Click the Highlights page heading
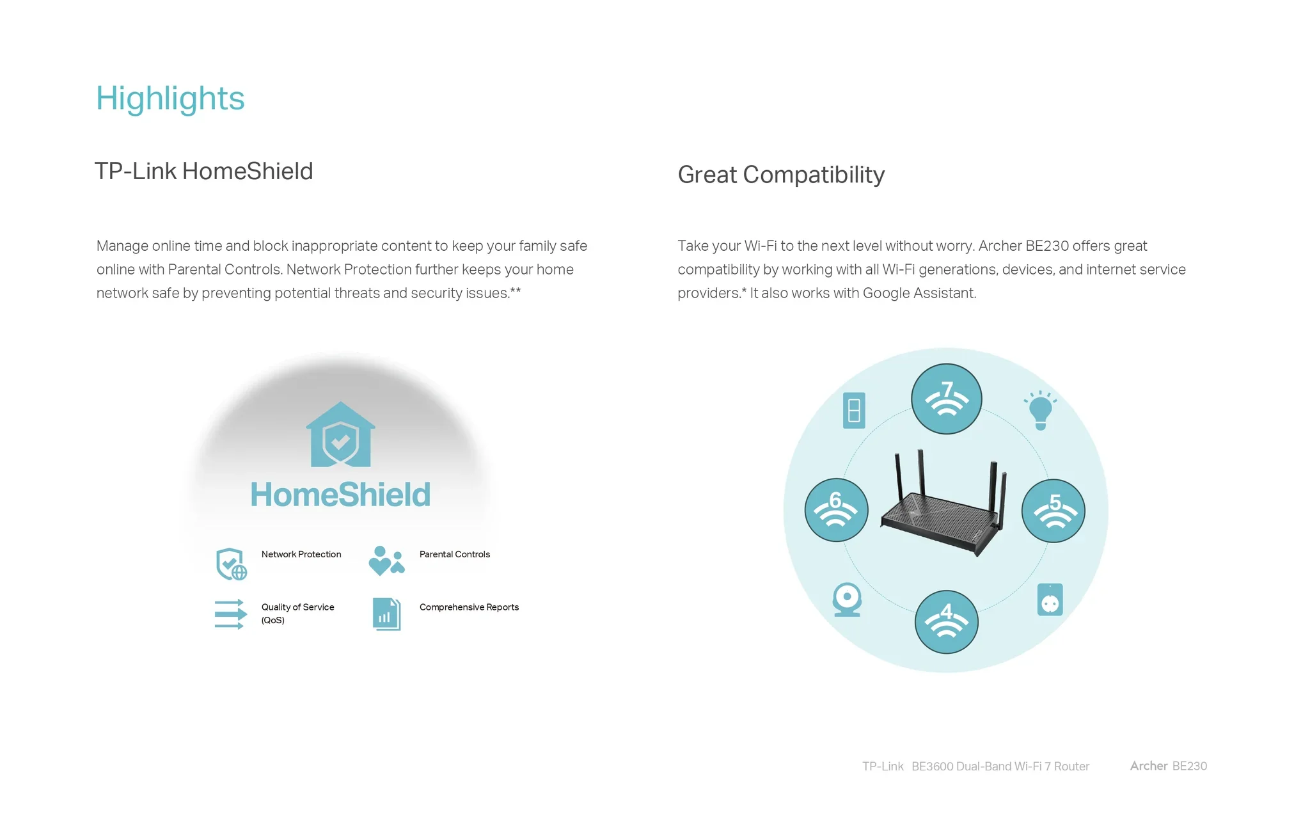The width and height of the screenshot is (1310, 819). (x=170, y=99)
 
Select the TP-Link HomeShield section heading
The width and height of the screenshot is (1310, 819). (x=204, y=171)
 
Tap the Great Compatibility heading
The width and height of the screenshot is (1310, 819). (x=781, y=175)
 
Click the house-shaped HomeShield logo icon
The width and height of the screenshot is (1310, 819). (x=340, y=434)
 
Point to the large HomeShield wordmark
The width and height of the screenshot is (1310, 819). (x=340, y=495)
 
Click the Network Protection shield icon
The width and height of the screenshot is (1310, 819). (x=231, y=564)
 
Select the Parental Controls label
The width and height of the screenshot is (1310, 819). (x=455, y=554)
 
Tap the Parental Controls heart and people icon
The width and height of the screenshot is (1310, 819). (x=387, y=561)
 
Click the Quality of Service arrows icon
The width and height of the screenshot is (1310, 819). (x=230, y=614)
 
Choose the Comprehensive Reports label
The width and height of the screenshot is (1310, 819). (x=469, y=607)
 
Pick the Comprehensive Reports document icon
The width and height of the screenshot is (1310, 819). (x=387, y=614)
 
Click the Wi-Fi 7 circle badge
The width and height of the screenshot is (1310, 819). (x=947, y=399)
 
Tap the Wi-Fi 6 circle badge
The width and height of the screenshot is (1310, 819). (x=836, y=510)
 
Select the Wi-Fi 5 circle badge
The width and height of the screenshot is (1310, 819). (x=1054, y=511)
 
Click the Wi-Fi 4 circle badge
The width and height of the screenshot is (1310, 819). (x=947, y=622)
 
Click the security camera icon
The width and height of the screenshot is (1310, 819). (x=847, y=600)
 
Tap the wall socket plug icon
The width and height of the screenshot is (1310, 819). (x=1050, y=600)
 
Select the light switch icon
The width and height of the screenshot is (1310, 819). (x=854, y=410)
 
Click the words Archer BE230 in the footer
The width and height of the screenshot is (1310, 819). (x=1169, y=766)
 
